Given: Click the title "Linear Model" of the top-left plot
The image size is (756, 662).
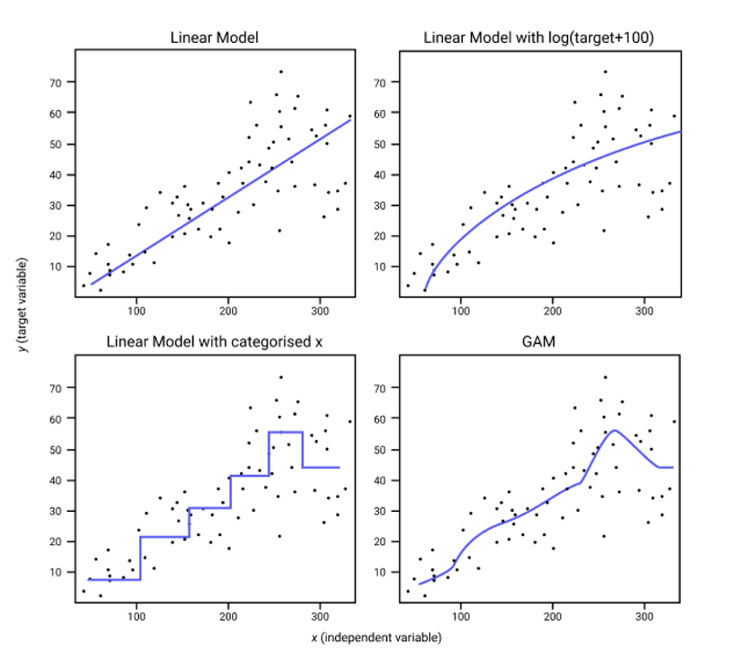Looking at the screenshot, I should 214,38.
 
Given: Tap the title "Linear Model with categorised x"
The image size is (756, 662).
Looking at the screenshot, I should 215,341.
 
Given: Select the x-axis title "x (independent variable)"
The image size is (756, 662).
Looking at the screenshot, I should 376,638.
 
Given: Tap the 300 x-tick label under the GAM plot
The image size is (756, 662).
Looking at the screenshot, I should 645,617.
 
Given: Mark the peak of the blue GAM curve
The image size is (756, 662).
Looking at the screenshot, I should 615,431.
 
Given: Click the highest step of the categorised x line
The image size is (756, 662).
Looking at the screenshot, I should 286,433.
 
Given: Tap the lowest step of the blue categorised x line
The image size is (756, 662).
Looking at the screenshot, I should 114,580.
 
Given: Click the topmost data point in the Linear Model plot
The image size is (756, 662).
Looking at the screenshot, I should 280,71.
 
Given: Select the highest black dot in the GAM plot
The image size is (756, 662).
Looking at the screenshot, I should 604,377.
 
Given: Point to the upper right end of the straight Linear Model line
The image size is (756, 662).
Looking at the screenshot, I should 350,119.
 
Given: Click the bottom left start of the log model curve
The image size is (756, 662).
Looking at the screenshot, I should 424,290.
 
